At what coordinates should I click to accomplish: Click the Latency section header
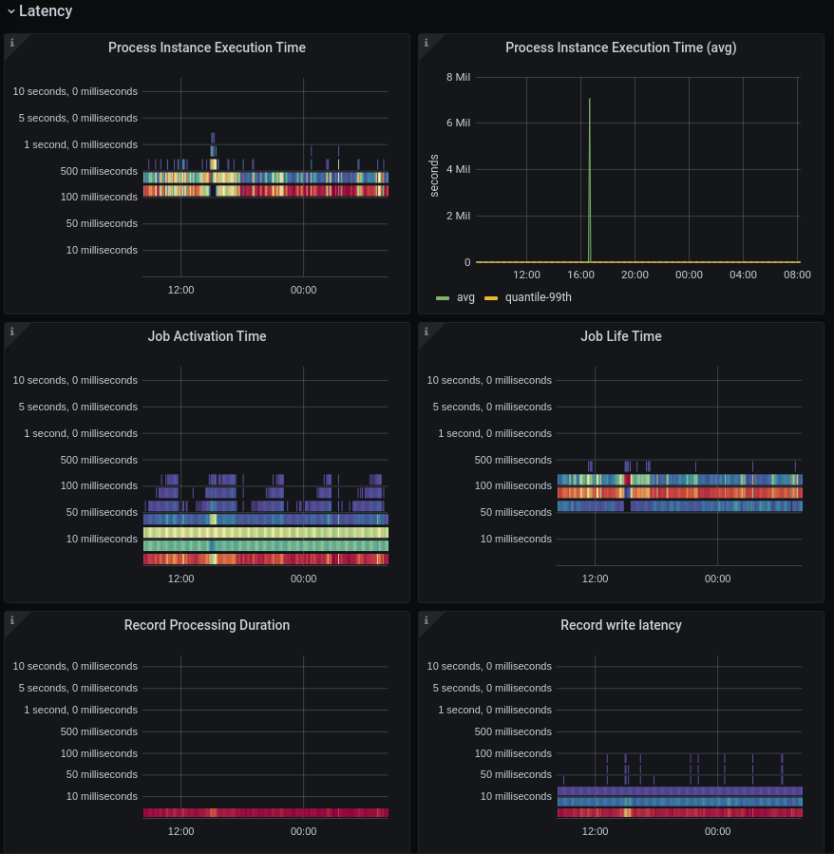pyautogui.click(x=45, y=11)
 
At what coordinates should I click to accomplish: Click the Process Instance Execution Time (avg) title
pyautogui.click(x=620, y=47)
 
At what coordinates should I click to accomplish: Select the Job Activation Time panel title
pyautogui.click(x=207, y=336)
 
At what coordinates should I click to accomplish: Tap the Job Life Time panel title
pyautogui.click(x=621, y=336)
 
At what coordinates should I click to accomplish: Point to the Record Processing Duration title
pyautogui.click(x=207, y=625)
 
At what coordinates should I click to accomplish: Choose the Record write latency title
pyautogui.click(x=621, y=625)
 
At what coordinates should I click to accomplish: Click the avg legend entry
pyautogui.click(x=465, y=297)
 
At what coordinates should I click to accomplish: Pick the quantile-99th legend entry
pyautogui.click(x=538, y=297)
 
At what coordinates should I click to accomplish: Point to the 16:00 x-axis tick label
pyautogui.click(x=580, y=275)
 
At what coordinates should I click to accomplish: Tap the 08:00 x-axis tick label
pyautogui.click(x=797, y=275)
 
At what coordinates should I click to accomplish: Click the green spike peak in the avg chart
pyautogui.click(x=590, y=99)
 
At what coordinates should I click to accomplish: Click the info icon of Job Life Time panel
pyautogui.click(x=426, y=332)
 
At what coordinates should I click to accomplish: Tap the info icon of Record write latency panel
pyautogui.click(x=426, y=620)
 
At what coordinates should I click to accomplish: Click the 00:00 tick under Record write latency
pyautogui.click(x=717, y=831)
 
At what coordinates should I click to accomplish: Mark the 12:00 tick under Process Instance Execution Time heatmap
pyautogui.click(x=180, y=290)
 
